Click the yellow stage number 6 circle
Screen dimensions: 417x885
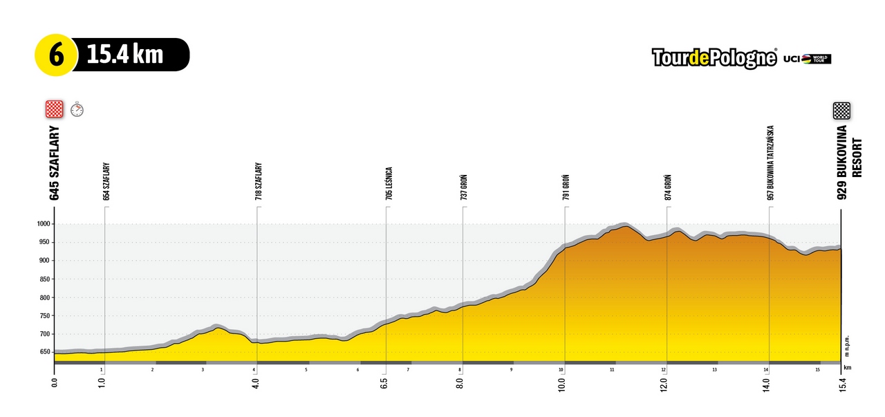(55, 55)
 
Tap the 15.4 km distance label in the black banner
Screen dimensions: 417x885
(125, 55)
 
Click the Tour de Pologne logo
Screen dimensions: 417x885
(714, 58)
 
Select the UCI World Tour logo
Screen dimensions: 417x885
(808, 59)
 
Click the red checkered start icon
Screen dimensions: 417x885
(54, 109)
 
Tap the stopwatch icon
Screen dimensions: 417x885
(77, 109)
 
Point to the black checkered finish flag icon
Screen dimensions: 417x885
(841, 111)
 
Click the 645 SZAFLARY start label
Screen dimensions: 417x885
(55, 163)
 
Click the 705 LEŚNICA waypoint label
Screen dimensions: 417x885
(389, 184)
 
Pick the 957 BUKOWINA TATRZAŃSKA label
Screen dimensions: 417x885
(770, 163)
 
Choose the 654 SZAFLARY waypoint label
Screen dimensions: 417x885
(106, 182)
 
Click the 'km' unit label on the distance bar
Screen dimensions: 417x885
(848, 368)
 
